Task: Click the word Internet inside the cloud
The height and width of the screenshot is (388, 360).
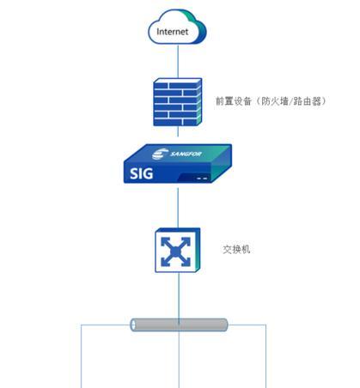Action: (x=173, y=32)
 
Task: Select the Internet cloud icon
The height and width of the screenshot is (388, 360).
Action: (x=177, y=27)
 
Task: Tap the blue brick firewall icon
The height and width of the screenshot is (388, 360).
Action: (x=178, y=102)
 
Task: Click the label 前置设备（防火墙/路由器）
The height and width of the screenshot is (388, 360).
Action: (x=271, y=101)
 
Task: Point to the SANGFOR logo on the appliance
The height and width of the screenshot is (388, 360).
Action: (x=177, y=154)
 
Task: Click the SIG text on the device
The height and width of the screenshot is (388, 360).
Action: (x=141, y=173)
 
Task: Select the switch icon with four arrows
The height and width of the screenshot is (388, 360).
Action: (x=178, y=250)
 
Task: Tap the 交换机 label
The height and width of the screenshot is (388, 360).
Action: (x=236, y=250)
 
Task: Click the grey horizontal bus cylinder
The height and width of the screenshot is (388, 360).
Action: (x=179, y=324)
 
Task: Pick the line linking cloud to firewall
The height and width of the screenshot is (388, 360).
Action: (x=178, y=61)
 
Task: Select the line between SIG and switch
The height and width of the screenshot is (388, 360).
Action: (x=178, y=208)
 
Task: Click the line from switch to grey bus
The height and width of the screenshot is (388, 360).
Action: (x=179, y=295)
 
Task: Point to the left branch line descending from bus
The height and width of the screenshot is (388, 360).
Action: (x=82, y=356)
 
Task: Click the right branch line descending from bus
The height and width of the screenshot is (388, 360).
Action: (x=265, y=356)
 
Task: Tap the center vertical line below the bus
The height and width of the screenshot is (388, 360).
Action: (x=179, y=360)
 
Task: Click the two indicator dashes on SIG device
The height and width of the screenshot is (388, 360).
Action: (x=202, y=179)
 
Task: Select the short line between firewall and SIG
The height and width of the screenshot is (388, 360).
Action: (x=178, y=131)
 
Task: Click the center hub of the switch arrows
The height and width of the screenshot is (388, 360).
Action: (x=175, y=252)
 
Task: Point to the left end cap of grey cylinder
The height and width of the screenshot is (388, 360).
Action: (x=133, y=324)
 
